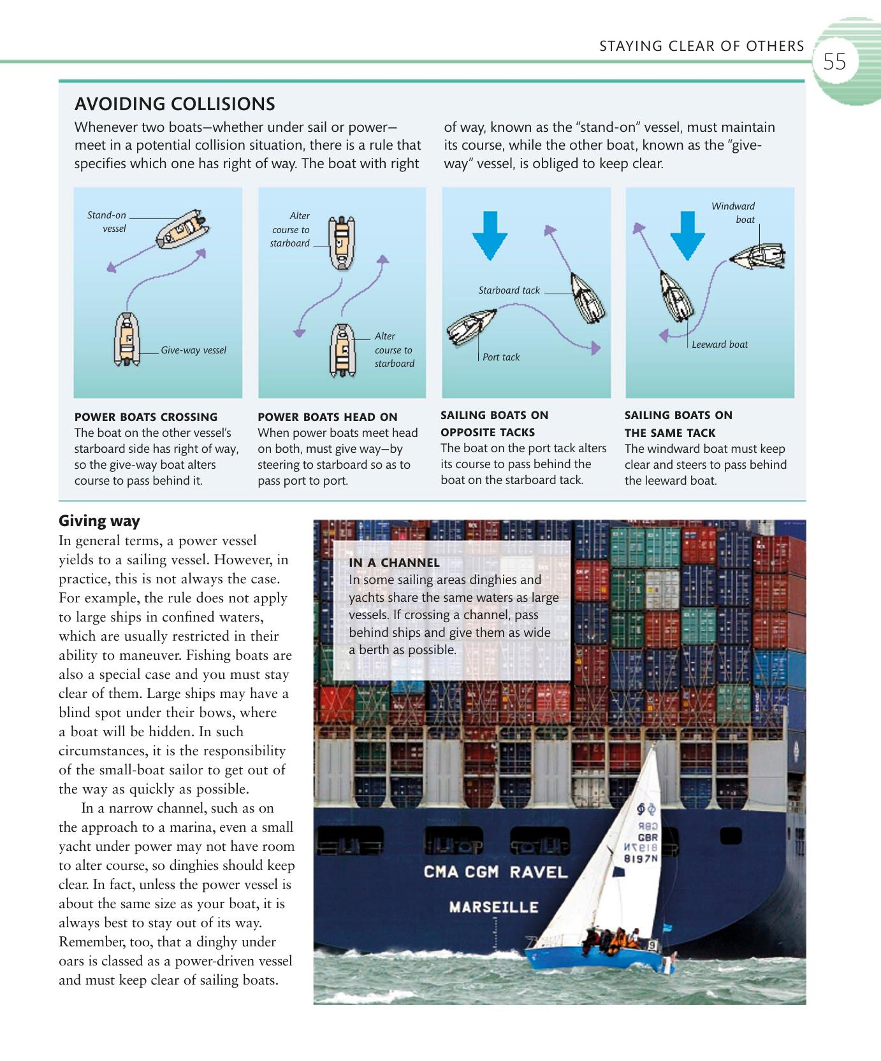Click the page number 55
(x=834, y=62)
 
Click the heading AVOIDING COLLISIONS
(x=175, y=104)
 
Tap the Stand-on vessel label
(x=107, y=222)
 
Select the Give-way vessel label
(x=193, y=350)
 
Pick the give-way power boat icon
(x=127, y=339)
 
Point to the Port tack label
(x=500, y=357)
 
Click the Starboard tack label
(x=509, y=290)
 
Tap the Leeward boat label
(x=720, y=345)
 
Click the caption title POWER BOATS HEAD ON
(x=327, y=417)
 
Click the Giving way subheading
(x=99, y=521)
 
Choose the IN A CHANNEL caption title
(x=394, y=563)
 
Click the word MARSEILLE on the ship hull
(x=493, y=907)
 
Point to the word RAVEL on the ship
(x=537, y=872)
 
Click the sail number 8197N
(x=641, y=858)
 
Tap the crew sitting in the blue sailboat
(x=612, y=939)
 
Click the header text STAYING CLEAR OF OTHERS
(x=701, y=46)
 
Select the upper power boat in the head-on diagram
(x=341, y=243)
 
